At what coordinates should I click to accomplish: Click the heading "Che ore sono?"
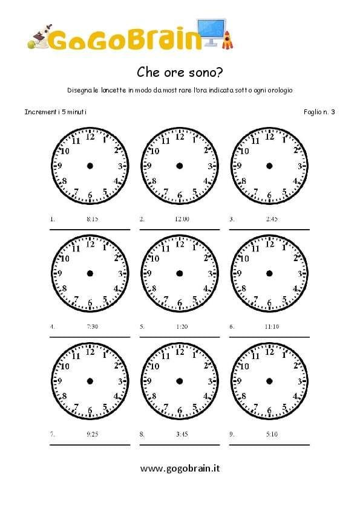click(180, 73)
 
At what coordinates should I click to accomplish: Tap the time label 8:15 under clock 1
click(92, 219)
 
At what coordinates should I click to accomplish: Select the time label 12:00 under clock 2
click(182, 219)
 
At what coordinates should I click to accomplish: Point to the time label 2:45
click(271, 219)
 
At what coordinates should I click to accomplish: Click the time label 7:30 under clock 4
click(92, 327)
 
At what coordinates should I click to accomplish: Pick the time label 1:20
click(182, 327)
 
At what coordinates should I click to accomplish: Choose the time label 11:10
click(271, 327)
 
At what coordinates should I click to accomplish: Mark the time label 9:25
click(92, 434)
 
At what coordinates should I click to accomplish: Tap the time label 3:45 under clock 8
click(182, 434)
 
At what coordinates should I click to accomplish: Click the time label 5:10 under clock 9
click(271, 434)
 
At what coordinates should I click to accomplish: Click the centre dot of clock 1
click(90, 166)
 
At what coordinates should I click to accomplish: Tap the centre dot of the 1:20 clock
click(179, 273)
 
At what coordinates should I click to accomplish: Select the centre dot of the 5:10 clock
click(269, 381)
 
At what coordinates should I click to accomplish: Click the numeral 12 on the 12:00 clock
click(180, 137)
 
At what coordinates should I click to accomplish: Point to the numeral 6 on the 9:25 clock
click(90, 410)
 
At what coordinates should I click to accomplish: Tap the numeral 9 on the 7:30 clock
click(60, 273)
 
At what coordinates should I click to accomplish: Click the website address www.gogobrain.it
click(180, 468)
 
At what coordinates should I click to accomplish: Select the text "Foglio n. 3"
click(320, 112)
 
